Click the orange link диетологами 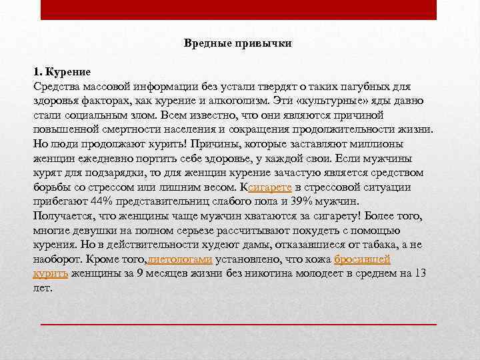(x=180, y=259)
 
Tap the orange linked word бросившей (x=362, y=259)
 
